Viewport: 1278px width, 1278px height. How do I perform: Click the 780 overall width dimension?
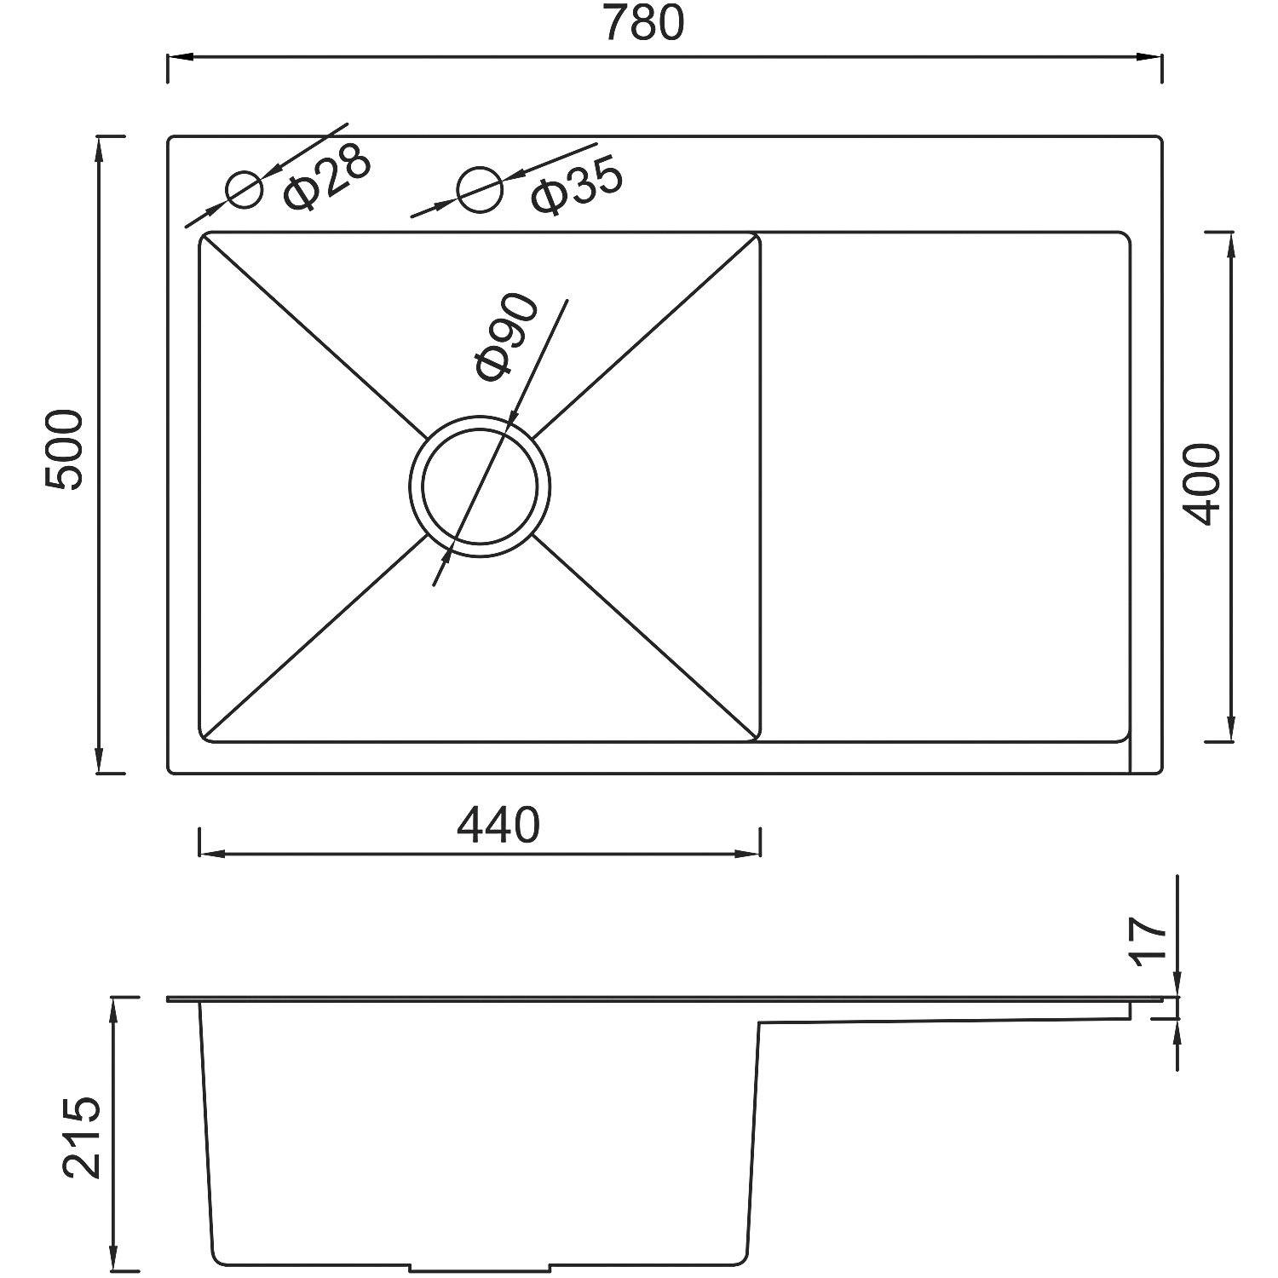coord(643,24)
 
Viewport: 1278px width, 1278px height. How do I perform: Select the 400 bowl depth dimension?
coord(1202,484)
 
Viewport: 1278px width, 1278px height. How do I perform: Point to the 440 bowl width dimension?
coord(499,825)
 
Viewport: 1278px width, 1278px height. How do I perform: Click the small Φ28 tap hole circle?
coord(245,189)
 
